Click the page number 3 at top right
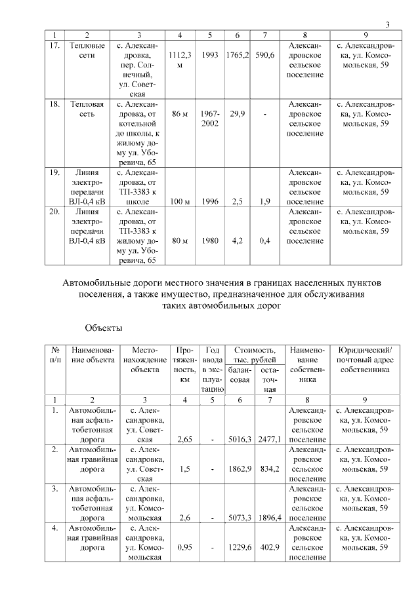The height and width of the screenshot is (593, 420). click(388, 25)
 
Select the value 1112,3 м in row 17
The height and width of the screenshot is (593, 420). click(180, 61)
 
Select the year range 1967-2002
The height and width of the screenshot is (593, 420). click(210, 119)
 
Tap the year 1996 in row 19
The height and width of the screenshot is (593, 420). click(210, 202)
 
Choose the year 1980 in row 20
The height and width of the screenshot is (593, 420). click(210, 240)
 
